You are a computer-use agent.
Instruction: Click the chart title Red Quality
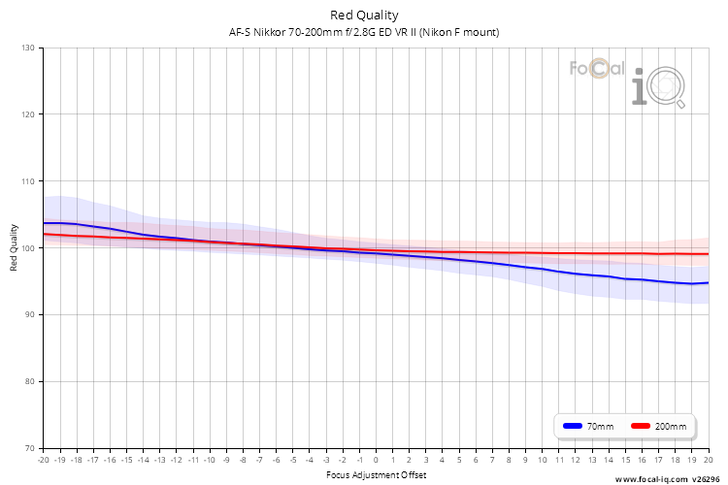click(x=364, y=16)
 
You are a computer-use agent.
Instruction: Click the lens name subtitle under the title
click(x=364, y=32)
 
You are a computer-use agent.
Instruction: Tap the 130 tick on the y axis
click(x=28, y=48)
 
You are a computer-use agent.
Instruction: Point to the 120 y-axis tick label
click(x=28, y=114)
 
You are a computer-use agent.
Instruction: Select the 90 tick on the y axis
click(x=30, y=314)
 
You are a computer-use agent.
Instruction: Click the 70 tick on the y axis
click(x=30, y=448)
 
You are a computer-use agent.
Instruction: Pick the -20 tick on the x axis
click(x=43, y=460)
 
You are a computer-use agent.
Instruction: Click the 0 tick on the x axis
click(x=376, y=460)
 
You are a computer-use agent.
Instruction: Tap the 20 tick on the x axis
click(x=708, y=460)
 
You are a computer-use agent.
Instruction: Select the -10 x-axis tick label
click(x=210, y=460)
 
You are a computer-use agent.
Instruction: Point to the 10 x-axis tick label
click(x=542, y=460)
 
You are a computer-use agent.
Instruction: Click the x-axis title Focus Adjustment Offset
click(x=376, y=474)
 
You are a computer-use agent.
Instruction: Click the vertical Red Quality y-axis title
click(x=14, y=248)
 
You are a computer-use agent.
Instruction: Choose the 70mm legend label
click(x=600, y=427)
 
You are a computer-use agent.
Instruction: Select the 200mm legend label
click(x=671, y=427)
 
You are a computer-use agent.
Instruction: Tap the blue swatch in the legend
click(x=573, y=426)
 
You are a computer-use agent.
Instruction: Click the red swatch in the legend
click(x=641, y=426)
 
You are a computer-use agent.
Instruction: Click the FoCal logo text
click(x=597, y=69)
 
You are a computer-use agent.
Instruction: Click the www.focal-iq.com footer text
click(x=651, y=479)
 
